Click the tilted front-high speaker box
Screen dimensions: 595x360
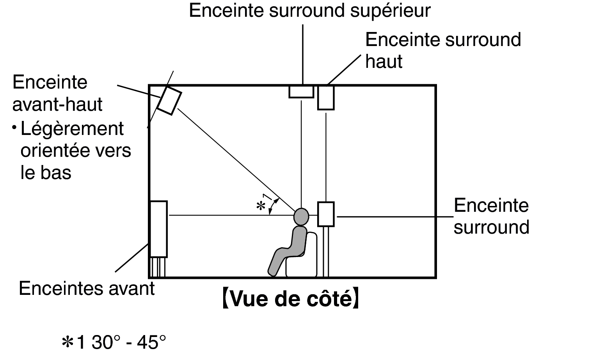169,101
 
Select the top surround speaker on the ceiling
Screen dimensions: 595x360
301,92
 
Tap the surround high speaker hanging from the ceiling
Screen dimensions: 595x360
326,98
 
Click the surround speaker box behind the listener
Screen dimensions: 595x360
326,214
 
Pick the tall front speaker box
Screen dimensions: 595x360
158,229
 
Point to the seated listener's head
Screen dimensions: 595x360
301,216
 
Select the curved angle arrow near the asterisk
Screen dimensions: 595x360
274,206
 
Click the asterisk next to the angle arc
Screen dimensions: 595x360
261,206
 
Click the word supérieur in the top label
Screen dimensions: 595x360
391,11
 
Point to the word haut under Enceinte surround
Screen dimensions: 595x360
384,62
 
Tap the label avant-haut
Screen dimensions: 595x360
57,105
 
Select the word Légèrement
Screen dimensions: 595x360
72,129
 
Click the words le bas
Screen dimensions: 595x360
46,172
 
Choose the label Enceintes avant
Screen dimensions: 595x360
87,288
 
